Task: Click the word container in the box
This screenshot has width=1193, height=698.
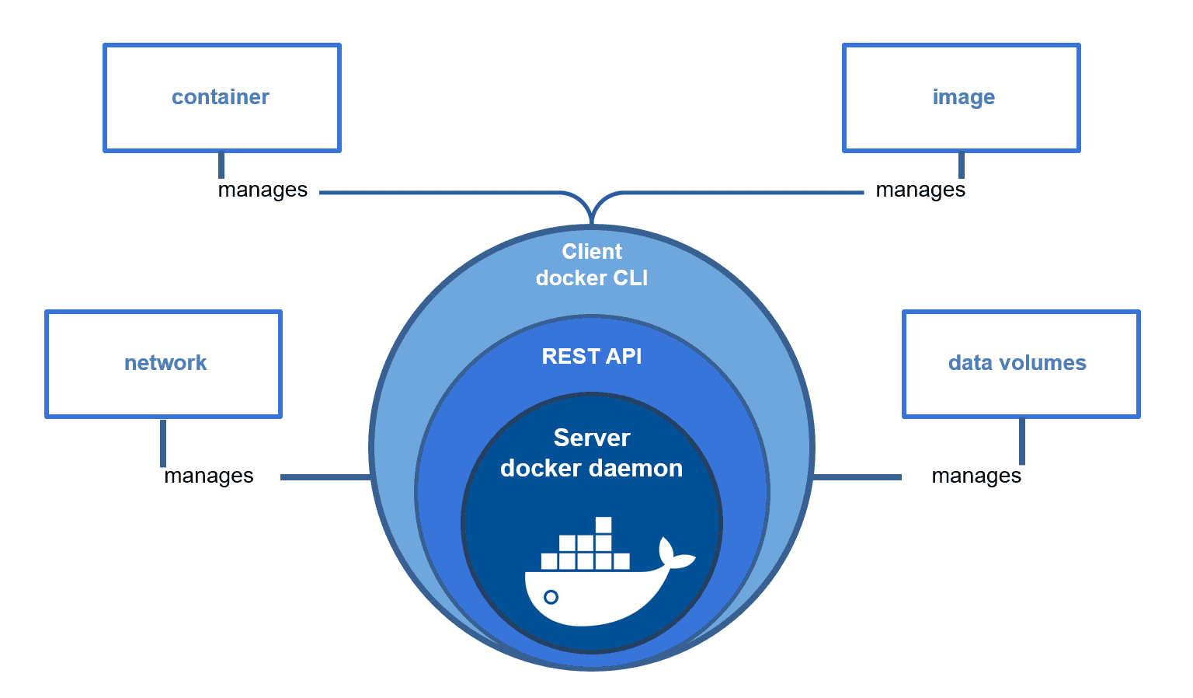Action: (220, 97)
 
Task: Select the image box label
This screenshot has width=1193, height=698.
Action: (963, 97)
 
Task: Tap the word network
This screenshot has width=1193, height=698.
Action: (165, 363)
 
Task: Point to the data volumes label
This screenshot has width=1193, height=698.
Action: (1017, 363)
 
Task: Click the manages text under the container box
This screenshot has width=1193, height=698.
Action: (263, 190)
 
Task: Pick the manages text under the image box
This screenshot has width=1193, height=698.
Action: (920, 190)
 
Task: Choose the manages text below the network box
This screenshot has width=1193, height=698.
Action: (209, 476)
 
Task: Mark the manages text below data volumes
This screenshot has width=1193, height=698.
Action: (976, 476)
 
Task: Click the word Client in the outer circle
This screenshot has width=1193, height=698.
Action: (592, 252)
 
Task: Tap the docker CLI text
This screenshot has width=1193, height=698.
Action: (592, 278)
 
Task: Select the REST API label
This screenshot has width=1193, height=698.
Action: (592, 357)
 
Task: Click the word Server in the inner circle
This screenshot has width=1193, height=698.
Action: (592, 438)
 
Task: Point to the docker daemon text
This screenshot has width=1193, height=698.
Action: (592, 469)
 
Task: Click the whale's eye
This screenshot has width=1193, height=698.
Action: (551, 597)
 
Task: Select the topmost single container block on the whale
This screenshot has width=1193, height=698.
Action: (603, 525)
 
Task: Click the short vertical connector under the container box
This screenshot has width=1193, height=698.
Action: (221, 165)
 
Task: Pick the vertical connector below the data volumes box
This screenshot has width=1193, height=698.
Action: (1021, 441)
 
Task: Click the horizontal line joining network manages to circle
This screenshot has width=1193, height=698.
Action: (325, 476)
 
